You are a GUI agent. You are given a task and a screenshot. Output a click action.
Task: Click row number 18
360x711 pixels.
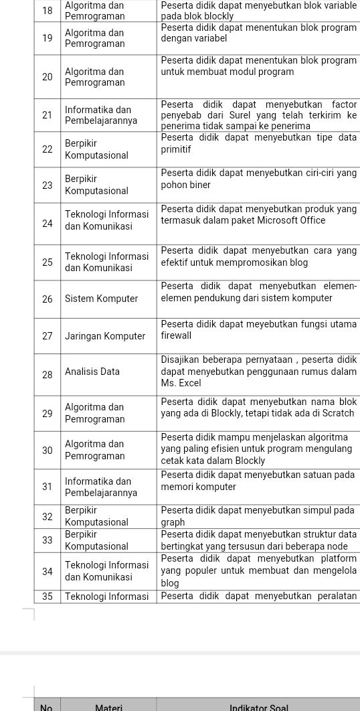point(47,10)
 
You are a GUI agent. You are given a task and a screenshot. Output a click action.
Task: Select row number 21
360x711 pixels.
point(47,115)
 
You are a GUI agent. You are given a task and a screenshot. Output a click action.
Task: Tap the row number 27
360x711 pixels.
point(47,336)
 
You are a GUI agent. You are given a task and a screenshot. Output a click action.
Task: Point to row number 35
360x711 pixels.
point(47,597)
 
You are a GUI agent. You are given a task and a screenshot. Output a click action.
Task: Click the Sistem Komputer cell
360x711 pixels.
point(101,299)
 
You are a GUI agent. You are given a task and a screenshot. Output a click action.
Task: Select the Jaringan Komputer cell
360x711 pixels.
point(105,336)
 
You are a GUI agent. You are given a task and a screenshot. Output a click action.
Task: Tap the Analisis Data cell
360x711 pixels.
point(92,372)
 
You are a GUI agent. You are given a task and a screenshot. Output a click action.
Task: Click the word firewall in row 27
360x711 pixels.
point(176,335)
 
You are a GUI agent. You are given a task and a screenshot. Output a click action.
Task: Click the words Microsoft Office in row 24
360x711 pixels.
point(293,220)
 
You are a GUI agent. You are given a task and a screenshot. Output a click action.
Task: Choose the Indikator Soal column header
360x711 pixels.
point(259,707)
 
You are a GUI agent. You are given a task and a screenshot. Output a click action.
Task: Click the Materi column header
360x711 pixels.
point(108,707)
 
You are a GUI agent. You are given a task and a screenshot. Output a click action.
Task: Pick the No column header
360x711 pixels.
point(46,707)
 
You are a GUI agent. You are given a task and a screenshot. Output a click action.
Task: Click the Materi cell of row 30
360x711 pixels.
point(94,450)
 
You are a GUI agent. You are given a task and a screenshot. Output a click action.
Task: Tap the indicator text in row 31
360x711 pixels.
point(258,481)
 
